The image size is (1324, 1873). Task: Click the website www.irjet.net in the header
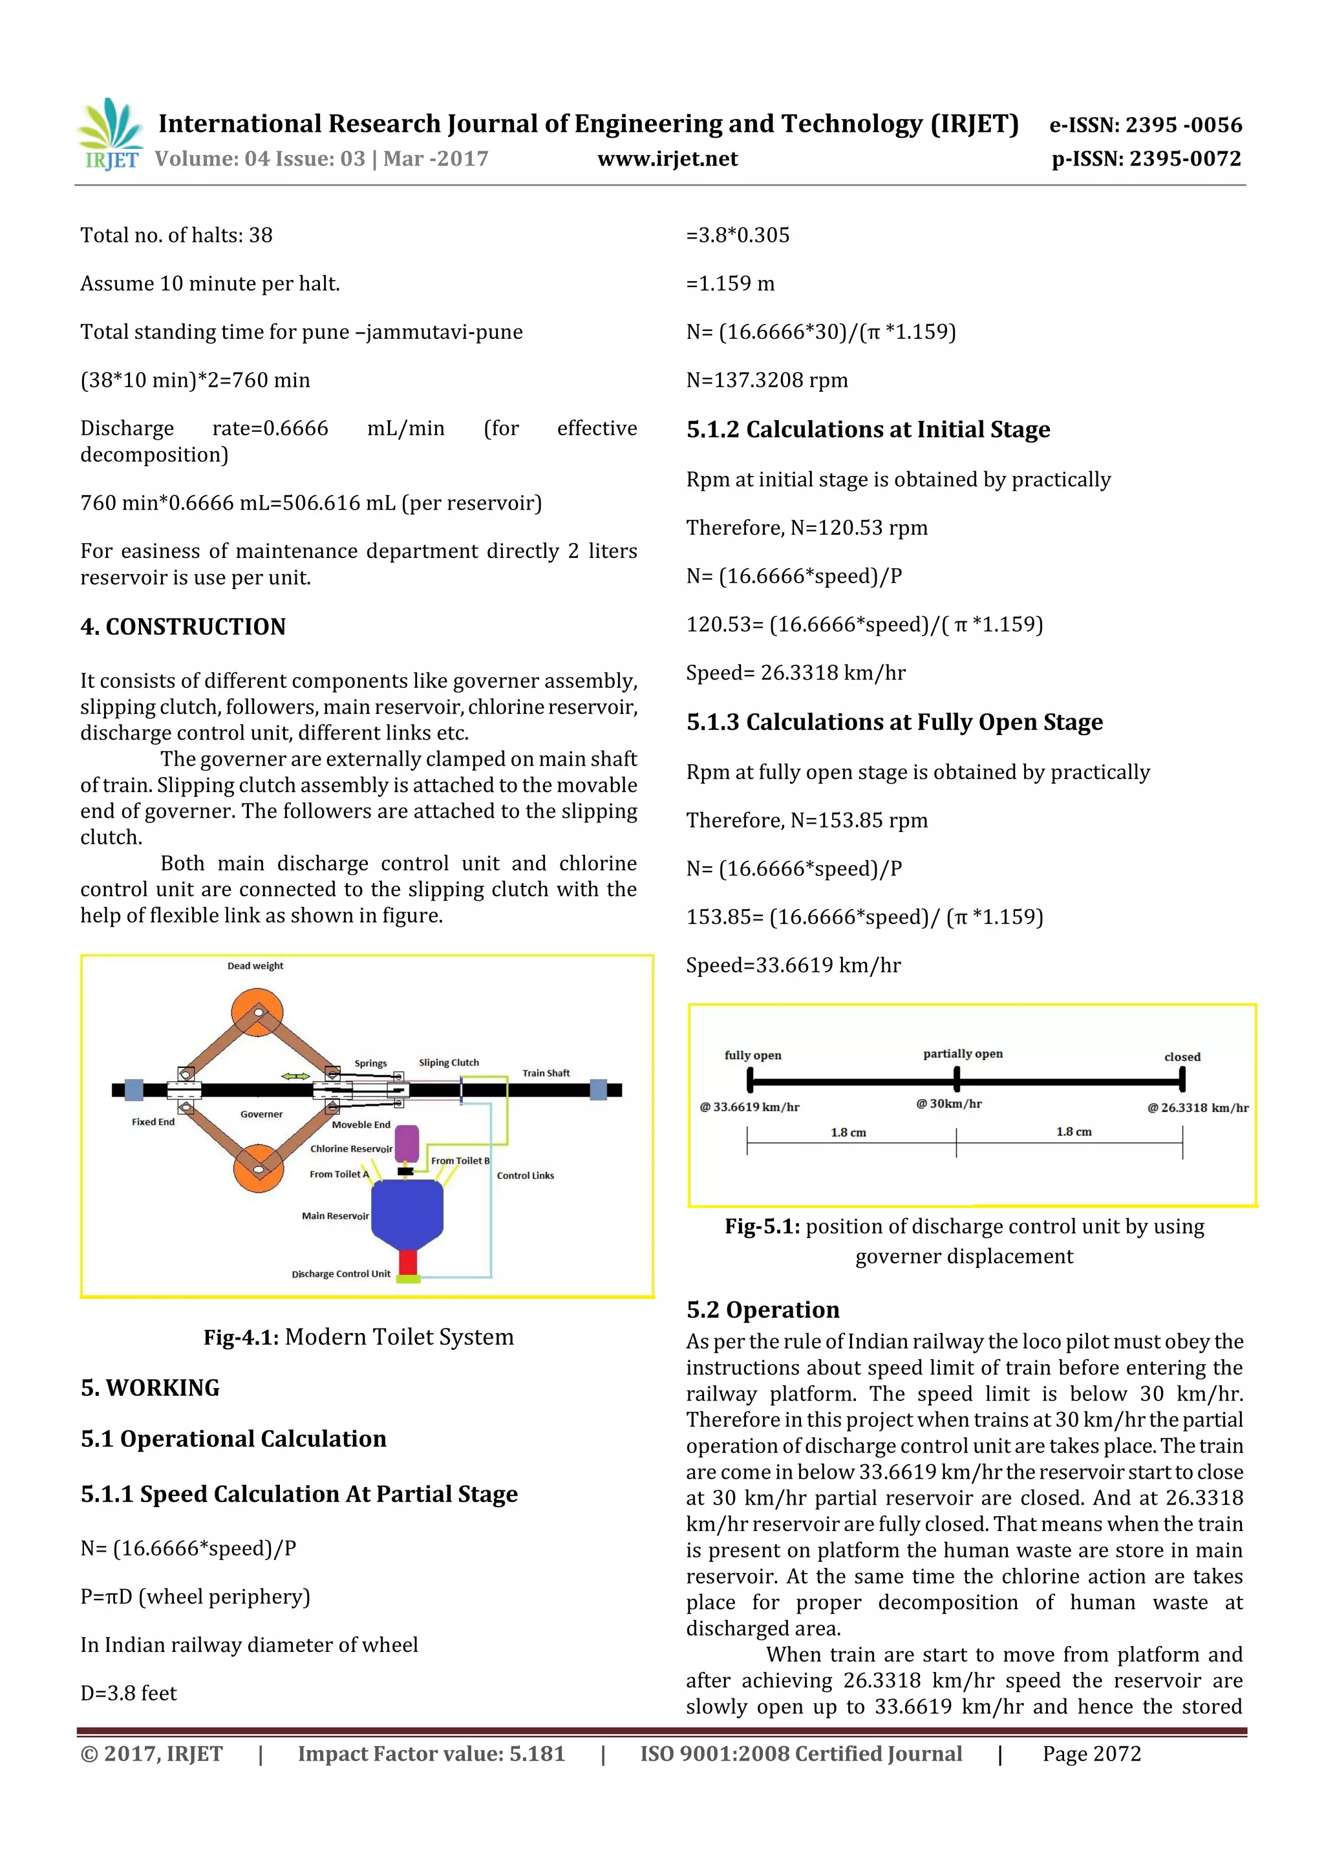coord(667,159)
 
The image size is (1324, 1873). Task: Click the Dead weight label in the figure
coord(255,966)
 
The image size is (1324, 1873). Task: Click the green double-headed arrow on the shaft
coord(295,1077)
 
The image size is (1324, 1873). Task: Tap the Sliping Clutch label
coord(449,1062)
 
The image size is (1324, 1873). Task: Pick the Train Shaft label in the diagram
coord(546,1073)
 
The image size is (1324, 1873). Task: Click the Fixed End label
coord(153,1122)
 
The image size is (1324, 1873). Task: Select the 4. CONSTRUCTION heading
coord(183,626)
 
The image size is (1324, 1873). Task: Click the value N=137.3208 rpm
coord(767,380)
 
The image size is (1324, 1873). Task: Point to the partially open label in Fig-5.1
coord(963,1054)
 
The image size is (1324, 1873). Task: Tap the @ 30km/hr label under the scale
coord(949,1104)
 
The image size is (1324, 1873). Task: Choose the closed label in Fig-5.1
coord(1182,1057)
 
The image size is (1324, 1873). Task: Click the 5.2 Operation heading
coord(763,1310)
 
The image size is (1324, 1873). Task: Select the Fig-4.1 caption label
coord(358,1337)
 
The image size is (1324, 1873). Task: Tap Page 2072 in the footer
coord(1091,1754)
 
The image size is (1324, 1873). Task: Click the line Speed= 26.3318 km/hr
coord(795,673)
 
